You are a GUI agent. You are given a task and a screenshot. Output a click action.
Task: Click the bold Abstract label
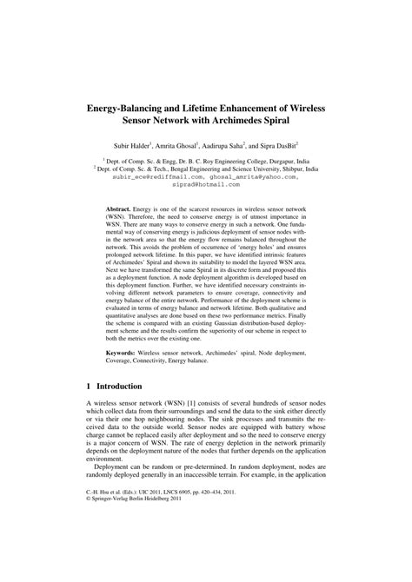[x=117, y=209]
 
